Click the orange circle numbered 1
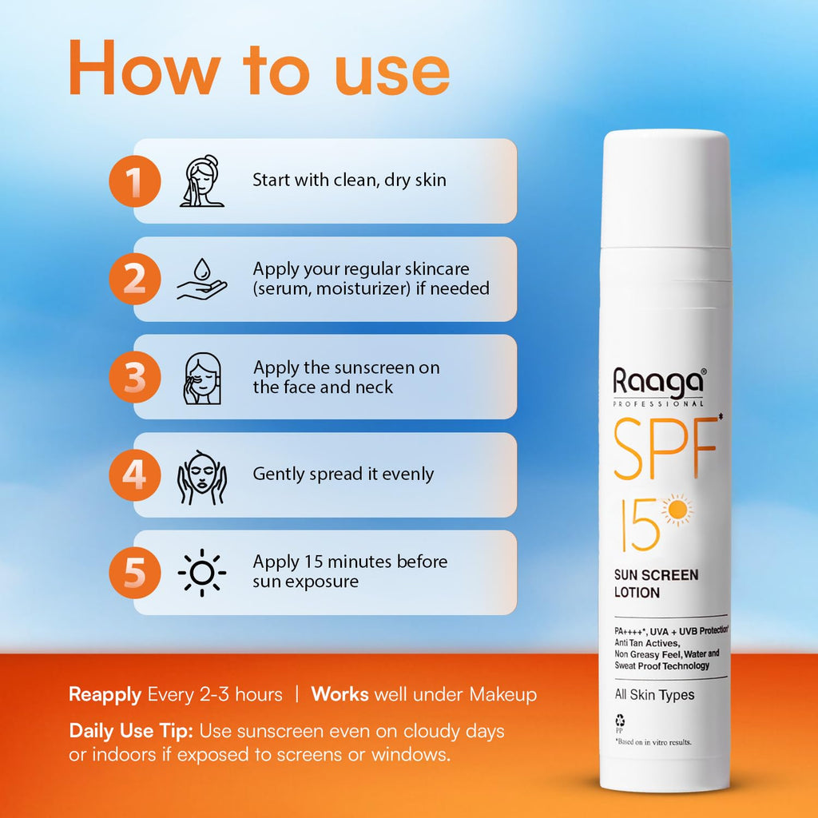[x=134, y=181]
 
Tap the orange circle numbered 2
[x=134, y=279]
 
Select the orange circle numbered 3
[x=134, y=377]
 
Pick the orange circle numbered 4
[x=134, y=475]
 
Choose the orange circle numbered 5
[x=134, y=573]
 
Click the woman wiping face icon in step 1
[x=202, y=181]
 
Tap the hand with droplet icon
[x=202, y=279]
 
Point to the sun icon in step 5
[x=202, y=573]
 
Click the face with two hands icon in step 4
[x=202, y=477]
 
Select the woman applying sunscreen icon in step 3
[x=202, y=378]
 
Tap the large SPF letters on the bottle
[x=665, y=448]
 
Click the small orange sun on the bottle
[x=677, y=510]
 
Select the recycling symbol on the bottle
[x=620, y=721]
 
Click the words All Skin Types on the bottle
[x=654, y=694]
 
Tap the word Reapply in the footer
[x=105, y=695]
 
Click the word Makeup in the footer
[x=503, y=694]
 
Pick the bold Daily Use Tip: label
[x=131, y=732]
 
